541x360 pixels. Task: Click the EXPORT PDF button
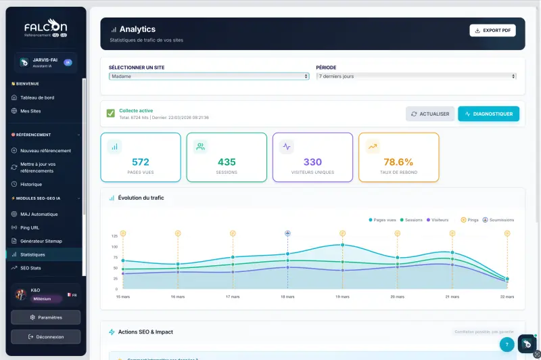coord(492,30)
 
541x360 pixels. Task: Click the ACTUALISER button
coord(430,114)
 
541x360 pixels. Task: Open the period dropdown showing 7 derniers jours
coord(417,76)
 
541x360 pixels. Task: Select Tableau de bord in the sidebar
coord(37,97)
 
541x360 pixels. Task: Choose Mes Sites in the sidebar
coord(30,110)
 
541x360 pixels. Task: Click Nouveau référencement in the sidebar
coord(45,150)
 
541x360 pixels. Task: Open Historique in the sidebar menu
coord(31,184)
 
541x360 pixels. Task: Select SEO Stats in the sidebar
coord(31,268)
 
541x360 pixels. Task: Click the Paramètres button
coord(46,317)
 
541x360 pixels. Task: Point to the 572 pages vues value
coord(141,162)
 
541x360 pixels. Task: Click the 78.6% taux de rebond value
coord(398,162)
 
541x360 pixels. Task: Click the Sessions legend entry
coord(411,220)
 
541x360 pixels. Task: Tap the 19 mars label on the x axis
coord(342,296)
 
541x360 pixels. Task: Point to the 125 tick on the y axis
coord(114,235)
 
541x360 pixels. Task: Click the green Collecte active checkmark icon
coord(110,113)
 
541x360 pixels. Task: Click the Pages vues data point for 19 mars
coord(342,245)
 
